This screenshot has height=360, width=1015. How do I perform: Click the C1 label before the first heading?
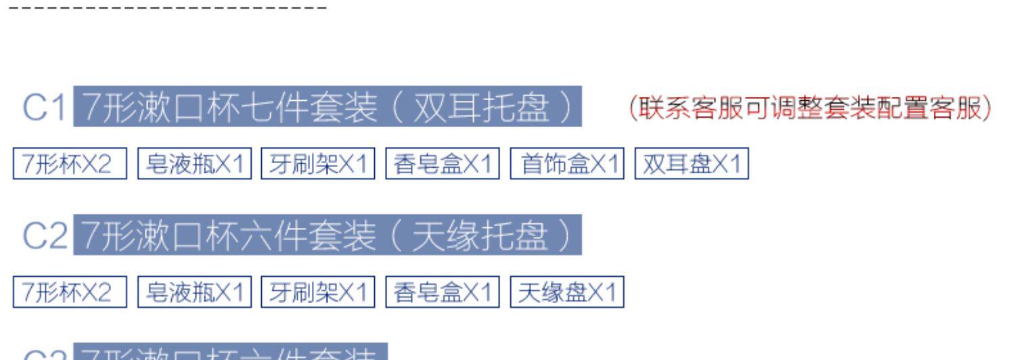pos(45,108)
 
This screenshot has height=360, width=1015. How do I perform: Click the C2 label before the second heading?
pos(45,236)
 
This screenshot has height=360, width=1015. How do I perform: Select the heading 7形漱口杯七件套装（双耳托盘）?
pos(328,107)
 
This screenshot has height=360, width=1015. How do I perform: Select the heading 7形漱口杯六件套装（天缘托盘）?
pos(328,235)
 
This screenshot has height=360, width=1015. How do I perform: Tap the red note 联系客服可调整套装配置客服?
pos(809,108)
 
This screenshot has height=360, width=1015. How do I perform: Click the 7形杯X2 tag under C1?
pos(70,164)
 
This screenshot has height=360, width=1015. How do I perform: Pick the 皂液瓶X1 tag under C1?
pos(194,164)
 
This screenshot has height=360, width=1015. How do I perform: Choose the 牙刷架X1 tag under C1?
pos(318,164)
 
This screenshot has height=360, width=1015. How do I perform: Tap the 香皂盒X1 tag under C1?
pos(443,164)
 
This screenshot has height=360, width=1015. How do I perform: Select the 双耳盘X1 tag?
pos(692,164)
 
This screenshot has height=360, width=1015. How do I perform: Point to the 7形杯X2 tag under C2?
pos(70,292)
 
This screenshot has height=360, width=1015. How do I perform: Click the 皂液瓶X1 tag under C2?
pos(194,292)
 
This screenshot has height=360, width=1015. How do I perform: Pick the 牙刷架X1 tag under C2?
pos(318,292)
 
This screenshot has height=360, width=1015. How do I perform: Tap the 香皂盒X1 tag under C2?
pos(443,292)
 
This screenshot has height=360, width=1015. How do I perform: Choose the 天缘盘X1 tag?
pos(567,292)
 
